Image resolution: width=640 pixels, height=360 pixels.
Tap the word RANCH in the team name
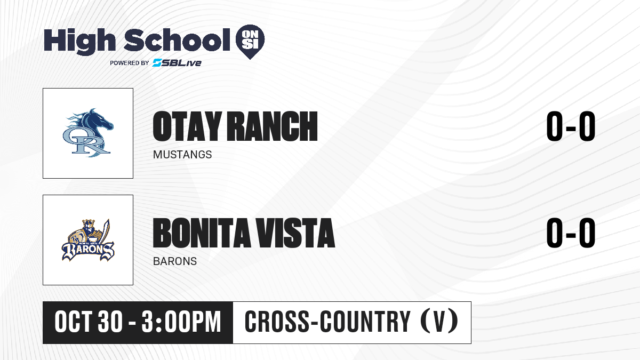[x=273, y=126]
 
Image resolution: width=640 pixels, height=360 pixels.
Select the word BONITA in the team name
[x=202, y=233]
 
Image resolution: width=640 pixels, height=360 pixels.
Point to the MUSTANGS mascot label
[x=182, y=155]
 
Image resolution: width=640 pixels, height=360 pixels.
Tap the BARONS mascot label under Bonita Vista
[x=175, y=261]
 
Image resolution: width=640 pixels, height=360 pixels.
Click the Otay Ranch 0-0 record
[x=571, y=126]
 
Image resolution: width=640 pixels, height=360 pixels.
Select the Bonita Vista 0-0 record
[x=571, y=233]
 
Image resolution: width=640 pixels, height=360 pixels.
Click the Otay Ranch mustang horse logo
[x=88, y=133]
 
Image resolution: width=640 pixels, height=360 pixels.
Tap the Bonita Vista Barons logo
[x=88, y=240]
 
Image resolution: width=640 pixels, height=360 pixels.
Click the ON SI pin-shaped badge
[x=250, y=42]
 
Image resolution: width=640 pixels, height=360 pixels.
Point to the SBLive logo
[x=177, y=62]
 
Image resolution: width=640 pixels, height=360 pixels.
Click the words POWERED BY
[x=130, y=63]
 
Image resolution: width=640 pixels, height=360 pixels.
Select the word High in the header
[x=79, y=42]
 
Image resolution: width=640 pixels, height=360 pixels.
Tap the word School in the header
[x=177, y=40]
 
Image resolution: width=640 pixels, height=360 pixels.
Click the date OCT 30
[x=89, y=322]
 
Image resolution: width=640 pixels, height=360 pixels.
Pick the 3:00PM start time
[x=181, y=322]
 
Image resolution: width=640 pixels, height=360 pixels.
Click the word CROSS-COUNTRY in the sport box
[x=327, y=322]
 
